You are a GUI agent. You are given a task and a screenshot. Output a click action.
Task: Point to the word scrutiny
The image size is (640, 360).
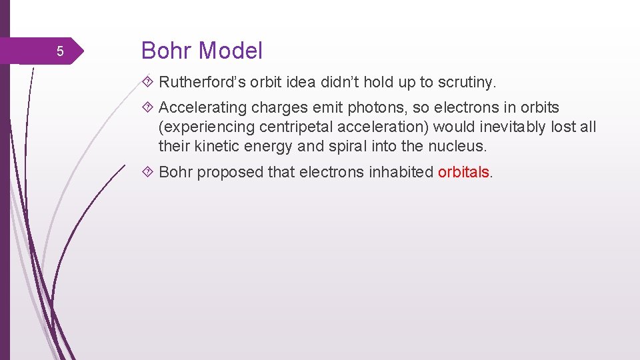(467, 83)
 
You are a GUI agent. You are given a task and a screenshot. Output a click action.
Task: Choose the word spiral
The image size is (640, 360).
(347, 146)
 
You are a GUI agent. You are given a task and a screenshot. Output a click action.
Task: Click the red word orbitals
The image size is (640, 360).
(463, 172)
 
